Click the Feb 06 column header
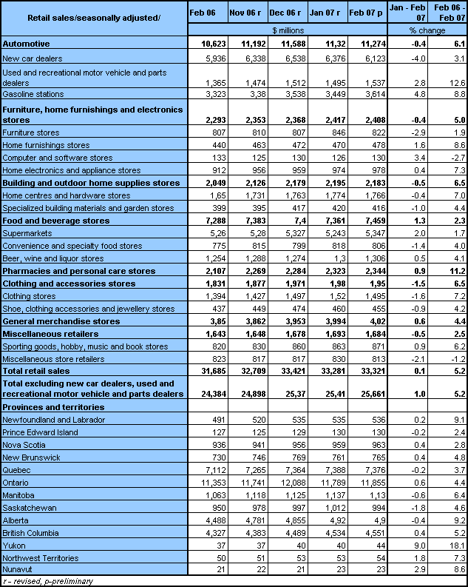(x=202, y=13)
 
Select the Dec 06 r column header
(x=282, y=13)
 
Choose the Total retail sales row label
(x=38, y=369)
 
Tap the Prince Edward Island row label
(x=41, y=432)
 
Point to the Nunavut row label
(x=18, y=571)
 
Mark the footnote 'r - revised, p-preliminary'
(x=47, y=581)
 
